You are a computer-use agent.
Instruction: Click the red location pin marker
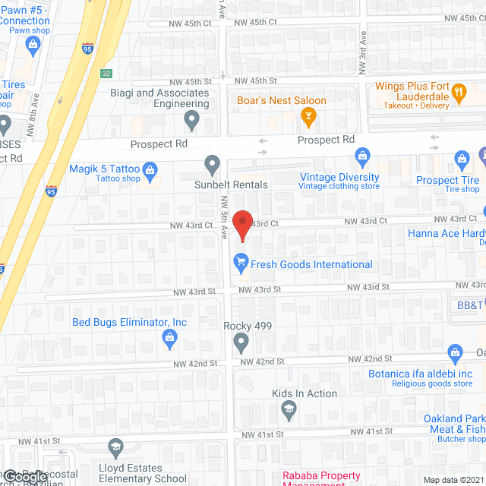pos(241,226)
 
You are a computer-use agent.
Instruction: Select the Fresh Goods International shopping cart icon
pos(241,264)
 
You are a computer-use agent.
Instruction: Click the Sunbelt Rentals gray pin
pos(213,163)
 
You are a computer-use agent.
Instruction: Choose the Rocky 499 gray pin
pos(241,344)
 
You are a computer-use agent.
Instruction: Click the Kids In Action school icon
pos(289,412)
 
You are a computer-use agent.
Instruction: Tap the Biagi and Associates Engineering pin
pos(192,119)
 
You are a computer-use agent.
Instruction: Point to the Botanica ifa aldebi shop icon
pos(456,352)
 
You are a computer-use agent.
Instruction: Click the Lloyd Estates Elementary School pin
pos(115,448)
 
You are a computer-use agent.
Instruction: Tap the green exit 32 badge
pos(106,73)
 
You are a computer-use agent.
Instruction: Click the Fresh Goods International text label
pos(313,264)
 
